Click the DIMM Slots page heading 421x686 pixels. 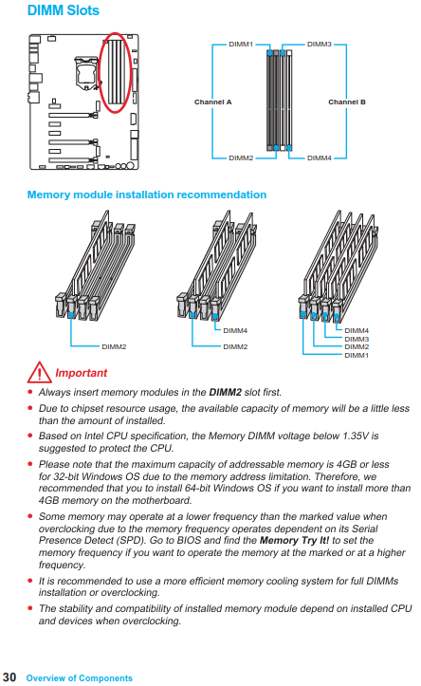click(x=64, y=10)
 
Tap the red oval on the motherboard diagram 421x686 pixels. click(x=100, y=72)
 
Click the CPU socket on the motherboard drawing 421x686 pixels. click(x=85, y=71)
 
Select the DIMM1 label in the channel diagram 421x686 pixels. click(x=241, y=45)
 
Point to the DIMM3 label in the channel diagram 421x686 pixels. click(x=320, y=45)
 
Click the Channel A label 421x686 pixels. click(x=213, y=102)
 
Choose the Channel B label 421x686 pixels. click(x=347, y=102)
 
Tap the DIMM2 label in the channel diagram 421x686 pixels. click(x=241, y=158)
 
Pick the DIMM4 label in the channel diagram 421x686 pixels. click(x=320, y=158)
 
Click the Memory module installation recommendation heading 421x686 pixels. click(x=147, y=195)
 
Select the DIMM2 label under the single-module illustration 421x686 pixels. click(x=114, y=347)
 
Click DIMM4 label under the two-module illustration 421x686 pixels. click(x=235, y=331)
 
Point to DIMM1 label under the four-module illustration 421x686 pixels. click(x=357, y=355)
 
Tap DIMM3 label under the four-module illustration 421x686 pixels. click(x=357, y=339)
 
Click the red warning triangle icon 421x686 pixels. click(x=39, y=372)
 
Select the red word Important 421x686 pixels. click(x=82, y=373)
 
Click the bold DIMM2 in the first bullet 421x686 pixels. click(x=225, y=392)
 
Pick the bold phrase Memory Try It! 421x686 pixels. click(x=294, y=540)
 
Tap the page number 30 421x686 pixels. click(x=9, y=677)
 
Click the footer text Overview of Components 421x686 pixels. click(x=79, y=678)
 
